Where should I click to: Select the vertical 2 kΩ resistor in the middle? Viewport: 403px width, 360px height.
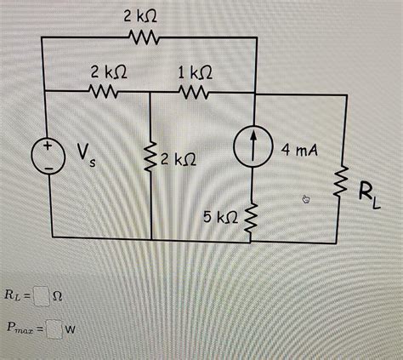point(150,157)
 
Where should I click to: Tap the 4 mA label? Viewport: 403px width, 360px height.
point(298,151)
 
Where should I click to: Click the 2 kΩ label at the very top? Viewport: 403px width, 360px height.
point(139,16)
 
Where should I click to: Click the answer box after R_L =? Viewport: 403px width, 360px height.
point(43,295)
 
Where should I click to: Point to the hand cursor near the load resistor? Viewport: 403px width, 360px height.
point(307,199)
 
